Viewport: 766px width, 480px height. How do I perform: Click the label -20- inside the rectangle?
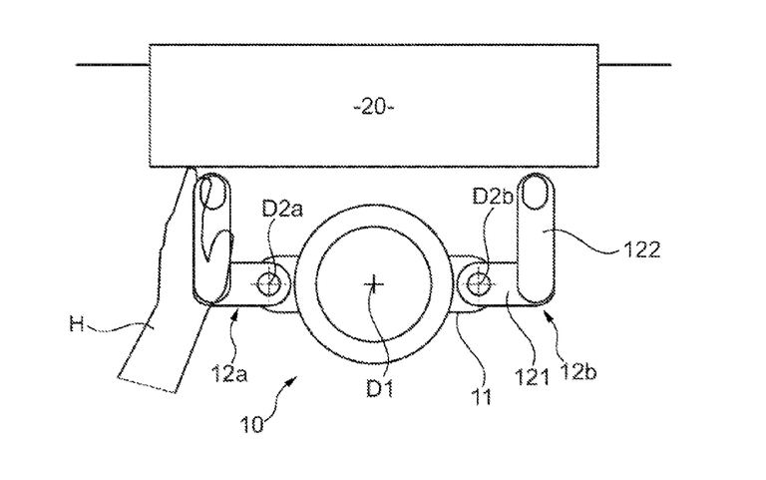click(x=374, y=107)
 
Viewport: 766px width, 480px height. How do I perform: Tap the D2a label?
click(x=282, y=210)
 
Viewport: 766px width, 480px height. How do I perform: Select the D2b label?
click(x=493, y=197)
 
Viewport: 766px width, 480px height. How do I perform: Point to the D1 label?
click(x=380, y=388)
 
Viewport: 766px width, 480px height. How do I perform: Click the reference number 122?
click(x=641, y=250)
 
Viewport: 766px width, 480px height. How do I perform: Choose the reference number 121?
click(x=532, y=377)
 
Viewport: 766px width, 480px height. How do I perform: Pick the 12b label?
click(x=578, y=372)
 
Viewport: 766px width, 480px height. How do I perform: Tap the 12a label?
click(x=229, y=374)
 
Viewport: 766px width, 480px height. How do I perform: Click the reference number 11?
click(x=481, y=397)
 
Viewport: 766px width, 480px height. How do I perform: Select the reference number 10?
click(x=252, y=424)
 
